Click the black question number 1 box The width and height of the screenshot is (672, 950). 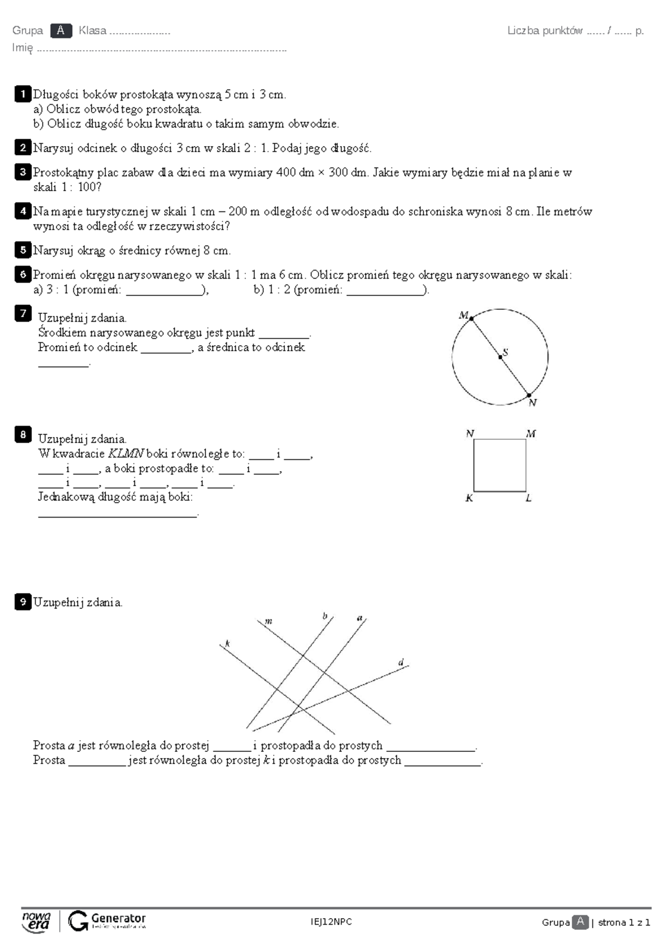22,94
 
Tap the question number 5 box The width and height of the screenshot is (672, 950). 22,250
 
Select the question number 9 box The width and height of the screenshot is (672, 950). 22,602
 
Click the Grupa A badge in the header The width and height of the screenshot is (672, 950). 60,31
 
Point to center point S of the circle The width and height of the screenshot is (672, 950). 500,356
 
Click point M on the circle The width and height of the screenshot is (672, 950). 472,319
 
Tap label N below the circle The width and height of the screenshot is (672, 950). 533,403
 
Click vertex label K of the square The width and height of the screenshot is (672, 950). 469,498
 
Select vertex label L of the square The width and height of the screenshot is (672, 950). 529,498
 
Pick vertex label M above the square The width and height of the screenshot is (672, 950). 531,434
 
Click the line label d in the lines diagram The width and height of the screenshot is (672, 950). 401,662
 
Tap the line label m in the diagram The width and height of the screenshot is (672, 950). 268,621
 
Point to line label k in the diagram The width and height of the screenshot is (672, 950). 227,643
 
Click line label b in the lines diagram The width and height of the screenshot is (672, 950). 325,616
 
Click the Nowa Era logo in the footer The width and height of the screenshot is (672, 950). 36,921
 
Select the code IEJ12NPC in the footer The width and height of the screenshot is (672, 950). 332,922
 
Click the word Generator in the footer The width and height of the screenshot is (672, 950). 118,918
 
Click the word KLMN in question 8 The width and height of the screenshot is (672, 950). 125,454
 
